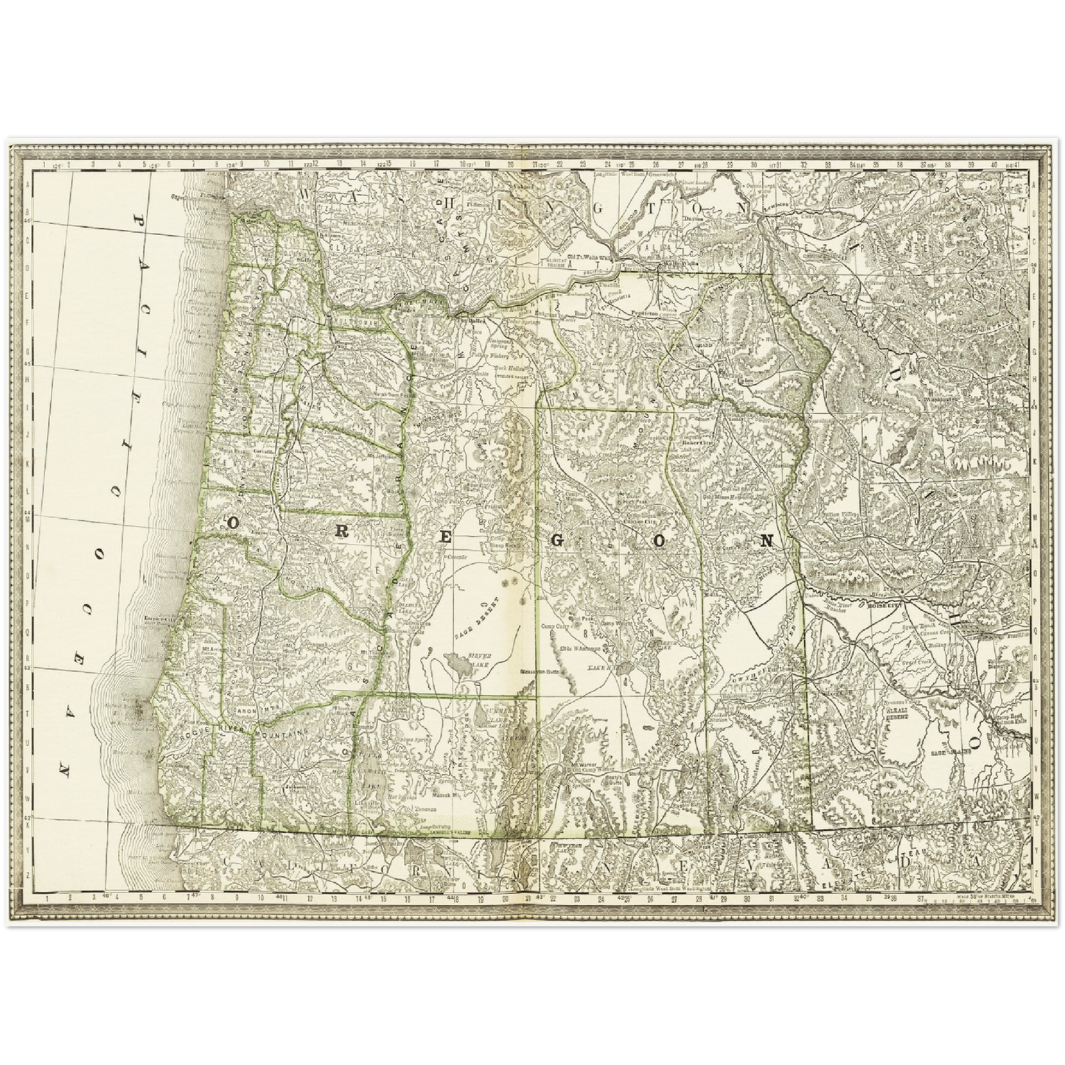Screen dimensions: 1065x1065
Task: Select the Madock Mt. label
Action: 437,795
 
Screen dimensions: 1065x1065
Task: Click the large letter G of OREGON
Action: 557,540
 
